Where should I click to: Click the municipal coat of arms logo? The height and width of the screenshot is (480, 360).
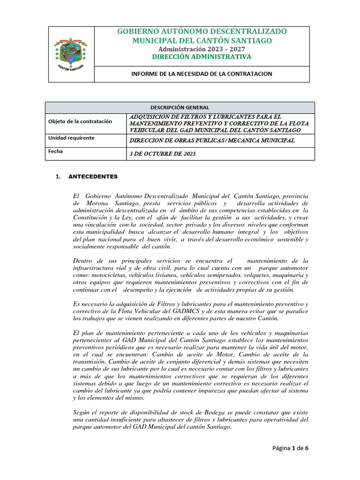(71, 53)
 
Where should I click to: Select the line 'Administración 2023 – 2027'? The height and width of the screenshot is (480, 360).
(202, 49)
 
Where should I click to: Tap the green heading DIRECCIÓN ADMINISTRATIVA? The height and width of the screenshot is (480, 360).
(202, 57)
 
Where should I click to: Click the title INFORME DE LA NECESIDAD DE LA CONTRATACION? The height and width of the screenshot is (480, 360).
(201, 74)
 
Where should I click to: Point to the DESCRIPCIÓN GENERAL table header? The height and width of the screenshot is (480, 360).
(180, 107)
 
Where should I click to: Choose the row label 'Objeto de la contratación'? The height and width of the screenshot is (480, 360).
(80, 121)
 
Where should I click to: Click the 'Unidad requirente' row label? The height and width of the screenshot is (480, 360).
(71, 138)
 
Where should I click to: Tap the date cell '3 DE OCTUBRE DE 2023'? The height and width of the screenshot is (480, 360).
(163, 154)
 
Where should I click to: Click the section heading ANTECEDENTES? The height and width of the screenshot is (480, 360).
(93, 177)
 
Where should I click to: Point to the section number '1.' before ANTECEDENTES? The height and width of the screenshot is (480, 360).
(58, 177)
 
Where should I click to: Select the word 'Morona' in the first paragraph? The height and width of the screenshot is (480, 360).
(98, 203)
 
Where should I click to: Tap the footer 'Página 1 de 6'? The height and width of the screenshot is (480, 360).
(290, 448)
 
